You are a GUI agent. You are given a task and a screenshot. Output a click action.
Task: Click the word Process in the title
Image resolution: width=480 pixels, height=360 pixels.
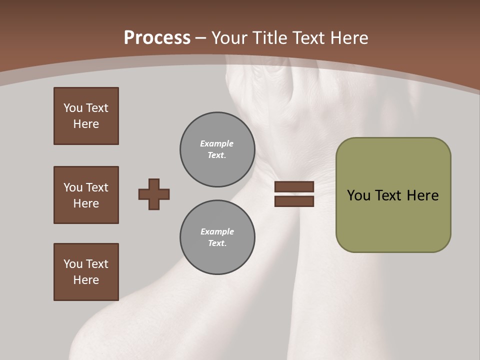click(x=157, y=37)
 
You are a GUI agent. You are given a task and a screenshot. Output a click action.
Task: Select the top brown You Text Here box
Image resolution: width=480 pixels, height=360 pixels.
click(x=86, y=116)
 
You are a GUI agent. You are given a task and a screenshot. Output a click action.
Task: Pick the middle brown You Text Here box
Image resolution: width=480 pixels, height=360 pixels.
click(x=86, y=195)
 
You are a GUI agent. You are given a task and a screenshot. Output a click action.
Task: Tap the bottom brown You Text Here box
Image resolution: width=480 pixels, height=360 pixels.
click(x=86, y=272)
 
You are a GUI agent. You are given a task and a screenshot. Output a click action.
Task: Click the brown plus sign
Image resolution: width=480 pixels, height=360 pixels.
click(x=154, y=194)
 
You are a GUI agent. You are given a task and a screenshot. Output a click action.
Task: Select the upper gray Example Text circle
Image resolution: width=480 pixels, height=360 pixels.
click(x=217, y=149)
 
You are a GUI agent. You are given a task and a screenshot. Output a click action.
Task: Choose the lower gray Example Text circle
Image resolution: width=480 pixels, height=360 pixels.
click(x=217, y=237)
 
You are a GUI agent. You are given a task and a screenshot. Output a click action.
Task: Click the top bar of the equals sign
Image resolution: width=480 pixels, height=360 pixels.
click(x=294, y=187)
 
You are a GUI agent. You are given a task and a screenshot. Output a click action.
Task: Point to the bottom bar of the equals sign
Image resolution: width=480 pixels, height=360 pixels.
click(x=294, y=201)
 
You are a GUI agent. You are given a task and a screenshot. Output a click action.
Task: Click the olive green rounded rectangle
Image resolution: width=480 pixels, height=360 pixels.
click(x=393, y=220)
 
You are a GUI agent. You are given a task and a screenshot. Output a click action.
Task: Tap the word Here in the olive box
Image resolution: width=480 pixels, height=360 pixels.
click(x=422, y=195)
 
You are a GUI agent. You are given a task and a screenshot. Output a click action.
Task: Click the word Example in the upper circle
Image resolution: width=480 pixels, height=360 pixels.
click(x=216, y=143)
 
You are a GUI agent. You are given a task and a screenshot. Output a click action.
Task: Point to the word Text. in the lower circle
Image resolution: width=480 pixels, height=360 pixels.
click(x=217, y=243)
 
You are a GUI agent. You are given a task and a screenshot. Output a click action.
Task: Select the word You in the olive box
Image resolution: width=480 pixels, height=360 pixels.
click(x=358, y=195)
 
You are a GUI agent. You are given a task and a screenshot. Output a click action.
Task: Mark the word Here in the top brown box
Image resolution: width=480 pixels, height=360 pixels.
click(x=86, y=124)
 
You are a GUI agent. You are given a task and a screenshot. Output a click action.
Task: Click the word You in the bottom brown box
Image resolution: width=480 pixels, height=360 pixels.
click(x=73, y=264)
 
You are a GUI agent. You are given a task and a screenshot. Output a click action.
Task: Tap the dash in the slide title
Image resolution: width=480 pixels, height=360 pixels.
click(x=201, y=38)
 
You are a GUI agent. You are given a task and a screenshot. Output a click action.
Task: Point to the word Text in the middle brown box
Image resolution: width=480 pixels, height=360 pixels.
click(x=96, y=187)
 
